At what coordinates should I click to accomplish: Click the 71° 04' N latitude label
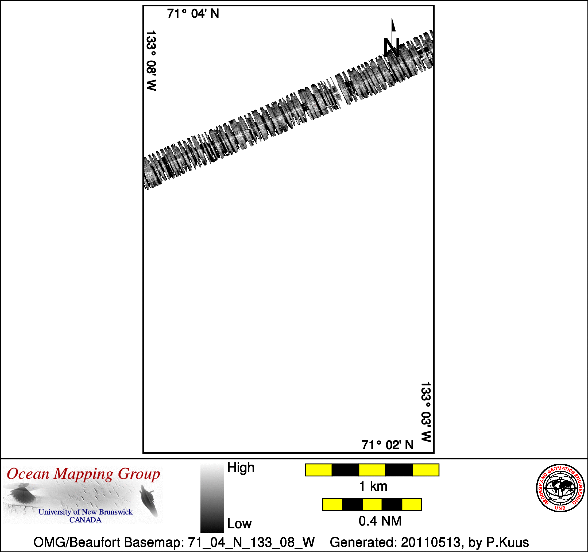(x=193, y=14)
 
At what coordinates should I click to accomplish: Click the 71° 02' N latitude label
(x=388, y=445)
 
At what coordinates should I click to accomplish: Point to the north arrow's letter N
(x=392, y=47)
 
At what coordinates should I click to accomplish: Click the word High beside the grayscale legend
(x=241, y=468)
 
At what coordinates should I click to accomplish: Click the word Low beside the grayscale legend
(x=239, y=524)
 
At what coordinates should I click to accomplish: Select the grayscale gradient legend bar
(x=212, y=499)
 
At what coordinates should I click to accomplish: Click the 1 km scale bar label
(x=373, y=487)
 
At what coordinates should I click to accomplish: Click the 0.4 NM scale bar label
(x=380, y=521)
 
